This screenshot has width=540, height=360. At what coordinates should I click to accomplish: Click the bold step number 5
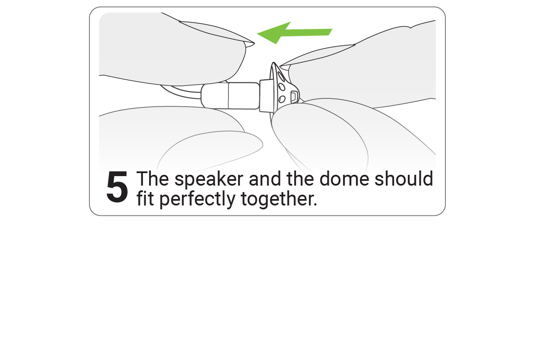pos(117,188)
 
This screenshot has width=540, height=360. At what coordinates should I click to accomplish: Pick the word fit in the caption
pos(146,199)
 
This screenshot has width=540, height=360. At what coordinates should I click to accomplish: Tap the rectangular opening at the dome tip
pos(294,96)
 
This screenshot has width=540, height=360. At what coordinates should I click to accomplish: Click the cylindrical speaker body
pos(231,96)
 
